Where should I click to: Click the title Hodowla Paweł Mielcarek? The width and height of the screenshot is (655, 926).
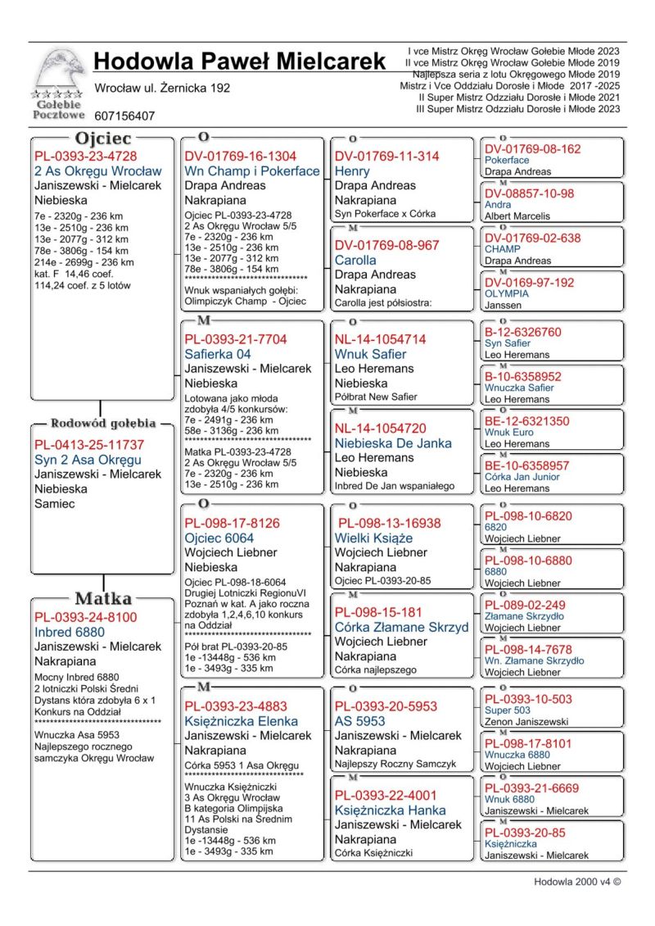point(239,61)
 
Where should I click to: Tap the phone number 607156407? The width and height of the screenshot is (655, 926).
point(124,116)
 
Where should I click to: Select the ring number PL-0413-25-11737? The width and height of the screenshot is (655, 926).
point(89,445)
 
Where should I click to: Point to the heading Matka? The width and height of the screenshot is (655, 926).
point(102,597)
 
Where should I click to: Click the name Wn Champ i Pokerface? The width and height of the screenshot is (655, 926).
point(251,171)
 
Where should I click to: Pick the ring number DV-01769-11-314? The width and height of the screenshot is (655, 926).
point(386,157)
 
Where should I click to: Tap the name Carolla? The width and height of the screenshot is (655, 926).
point(355,260)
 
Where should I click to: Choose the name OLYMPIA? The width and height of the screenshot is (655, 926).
point(507,293)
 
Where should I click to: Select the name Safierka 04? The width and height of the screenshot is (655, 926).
point(218,354)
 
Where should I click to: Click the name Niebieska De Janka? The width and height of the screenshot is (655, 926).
point(393,443)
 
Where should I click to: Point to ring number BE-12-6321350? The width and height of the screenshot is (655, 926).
point(526,421)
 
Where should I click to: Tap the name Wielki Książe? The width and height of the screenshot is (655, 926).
point(373,538)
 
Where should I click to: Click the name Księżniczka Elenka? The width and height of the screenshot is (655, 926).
point(241,721)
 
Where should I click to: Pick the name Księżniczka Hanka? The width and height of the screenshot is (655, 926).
point(390,810)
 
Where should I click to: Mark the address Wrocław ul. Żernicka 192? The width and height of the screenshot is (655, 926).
point(162,88)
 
